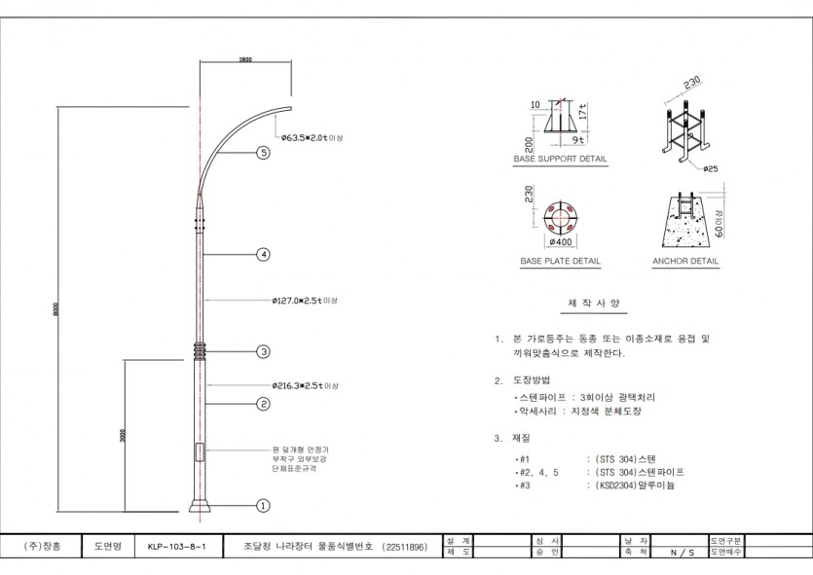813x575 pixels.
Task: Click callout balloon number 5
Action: [263, 153]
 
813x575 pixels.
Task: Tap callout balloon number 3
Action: [263, 351]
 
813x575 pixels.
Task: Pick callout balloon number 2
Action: [263, 403]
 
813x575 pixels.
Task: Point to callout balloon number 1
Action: [263, 505]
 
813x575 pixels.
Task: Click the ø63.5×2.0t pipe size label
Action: [312, 138]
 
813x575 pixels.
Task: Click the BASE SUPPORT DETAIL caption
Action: [560, 158]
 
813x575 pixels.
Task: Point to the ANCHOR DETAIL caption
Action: [685, 262]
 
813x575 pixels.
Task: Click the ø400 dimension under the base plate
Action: [560, 241]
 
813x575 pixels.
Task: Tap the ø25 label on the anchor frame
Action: [711, 169]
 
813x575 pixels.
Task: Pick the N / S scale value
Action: [682, 553]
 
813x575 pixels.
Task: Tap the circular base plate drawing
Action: [560, 212]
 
